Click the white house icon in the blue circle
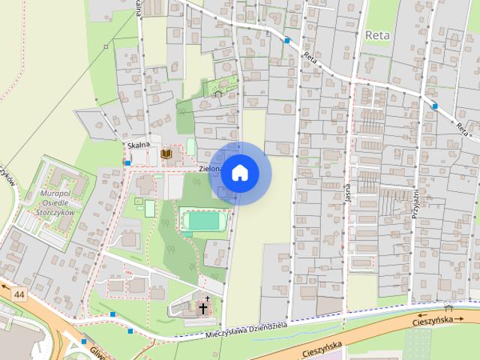pyautogui.click(x=240, y=172)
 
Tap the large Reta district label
pyautogui.click(x=379, y=34)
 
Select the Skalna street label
pyautogui.click(x=138, y=144)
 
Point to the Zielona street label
pyautogui.click(x=210, y=169)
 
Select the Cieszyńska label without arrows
pyautogui.click(x=322, y=349)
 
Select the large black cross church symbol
pyautogui.click(x=202, y=307)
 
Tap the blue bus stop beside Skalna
pyautogui.click(x=128, y=162)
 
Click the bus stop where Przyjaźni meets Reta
pyautogui.click(x=435, y=106)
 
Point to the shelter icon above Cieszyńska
pyautogui.click(x=448, y=307)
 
